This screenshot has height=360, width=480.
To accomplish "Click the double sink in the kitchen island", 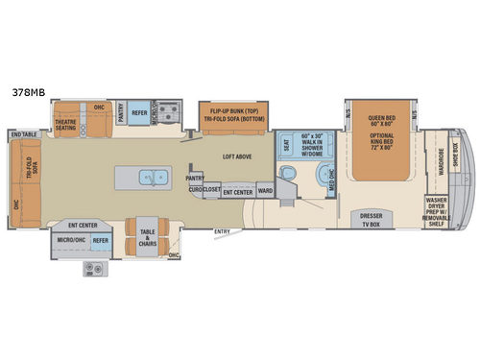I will tap(152, 178).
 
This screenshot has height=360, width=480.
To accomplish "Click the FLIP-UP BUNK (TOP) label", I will tap(233, 110).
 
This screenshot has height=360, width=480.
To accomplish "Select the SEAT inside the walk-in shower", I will tap(286, 147).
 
